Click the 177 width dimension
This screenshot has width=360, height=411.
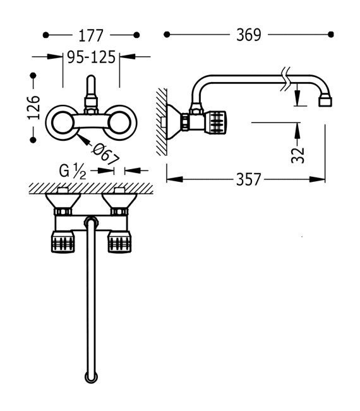tap(91, 35)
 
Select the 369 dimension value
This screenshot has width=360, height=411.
tap(249, 35)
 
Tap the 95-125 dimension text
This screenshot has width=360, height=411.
tap(91, 57)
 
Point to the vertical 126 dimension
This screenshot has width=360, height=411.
tap(34, 107)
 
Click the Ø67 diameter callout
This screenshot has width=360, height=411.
tap(105, 155)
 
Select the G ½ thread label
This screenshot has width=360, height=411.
tap(73, 171)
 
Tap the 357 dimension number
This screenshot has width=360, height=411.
tap(249, 179)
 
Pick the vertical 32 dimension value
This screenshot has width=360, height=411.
tap(298, 155)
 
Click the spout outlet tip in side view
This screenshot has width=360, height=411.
tap(325, 101)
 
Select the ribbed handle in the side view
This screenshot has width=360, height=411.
tap(216, 121)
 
